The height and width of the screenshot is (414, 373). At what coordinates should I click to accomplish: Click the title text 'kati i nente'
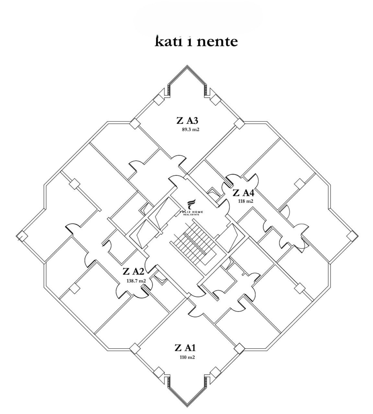196,41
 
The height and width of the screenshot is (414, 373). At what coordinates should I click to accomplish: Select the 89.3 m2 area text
191,130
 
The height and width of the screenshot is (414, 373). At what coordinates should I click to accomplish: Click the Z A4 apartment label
243,193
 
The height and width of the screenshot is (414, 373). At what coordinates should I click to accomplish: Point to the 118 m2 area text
245,201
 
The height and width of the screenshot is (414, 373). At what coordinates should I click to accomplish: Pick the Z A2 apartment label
133,271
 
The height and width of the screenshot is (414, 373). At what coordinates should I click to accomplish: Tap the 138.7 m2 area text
136,281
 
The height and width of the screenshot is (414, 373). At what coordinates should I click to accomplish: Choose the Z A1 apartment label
185,348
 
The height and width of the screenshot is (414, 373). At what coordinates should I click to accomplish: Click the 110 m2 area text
187,357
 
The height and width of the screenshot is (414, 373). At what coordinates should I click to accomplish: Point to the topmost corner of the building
187,67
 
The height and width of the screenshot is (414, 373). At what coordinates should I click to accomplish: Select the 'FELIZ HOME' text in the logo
191,212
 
